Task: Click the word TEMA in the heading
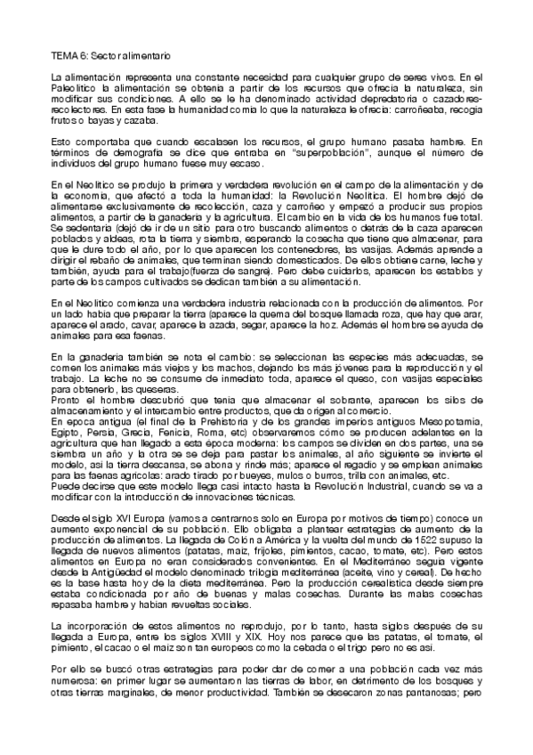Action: coord(64,55)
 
